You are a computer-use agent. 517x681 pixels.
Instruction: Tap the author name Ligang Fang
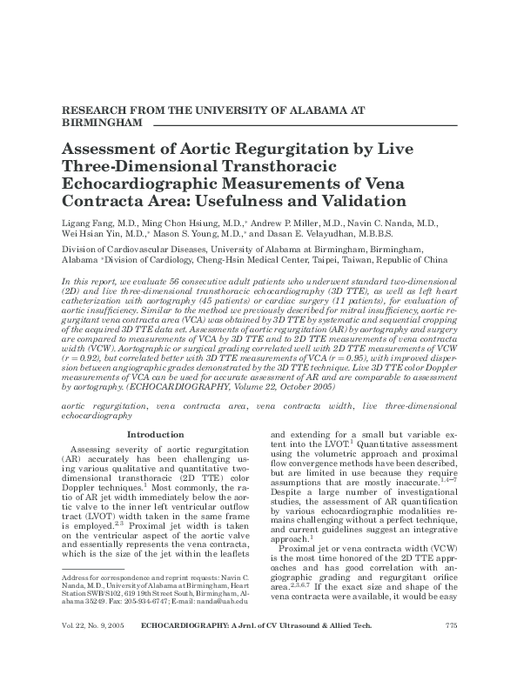point(88,223)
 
